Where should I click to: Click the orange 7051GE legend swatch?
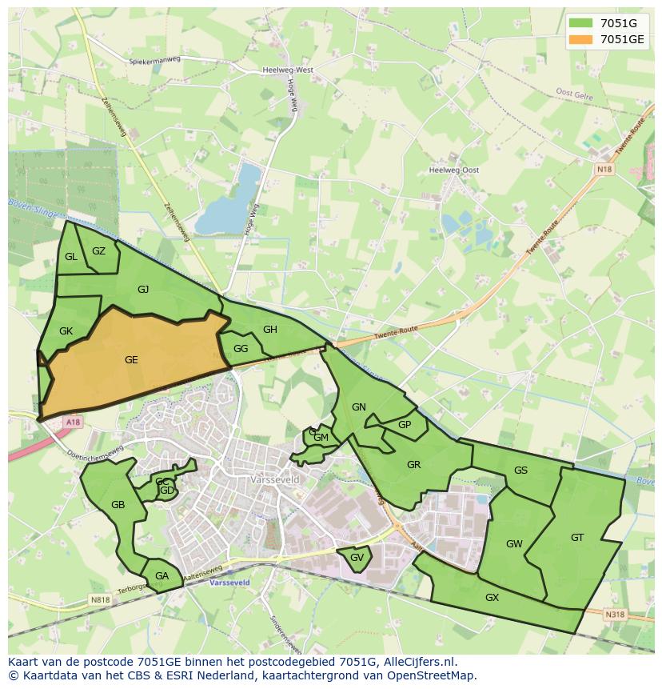pos(582,39)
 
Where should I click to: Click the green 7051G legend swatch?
pos(582,23)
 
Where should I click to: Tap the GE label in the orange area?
pos(131,360)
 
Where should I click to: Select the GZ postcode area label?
pos(98,251)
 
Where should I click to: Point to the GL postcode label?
pos(71,257)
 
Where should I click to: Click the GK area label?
pos(66,331)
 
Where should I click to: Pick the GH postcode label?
pos(270,330)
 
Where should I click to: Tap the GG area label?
pos(241,349)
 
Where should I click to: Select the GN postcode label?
pos(359,407)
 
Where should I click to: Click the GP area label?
pos(405,425)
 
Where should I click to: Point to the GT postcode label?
pos(577,538)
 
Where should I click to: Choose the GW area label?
pos(514,544)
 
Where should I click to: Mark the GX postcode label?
pos(492,598)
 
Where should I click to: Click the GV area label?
pos(357,558)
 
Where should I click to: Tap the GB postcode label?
pos(118,505)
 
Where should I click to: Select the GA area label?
pos(162,576)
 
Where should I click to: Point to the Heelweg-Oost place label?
pos(454,170)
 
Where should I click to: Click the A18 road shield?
pos(74,422)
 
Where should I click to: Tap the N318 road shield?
pos(614,615)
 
